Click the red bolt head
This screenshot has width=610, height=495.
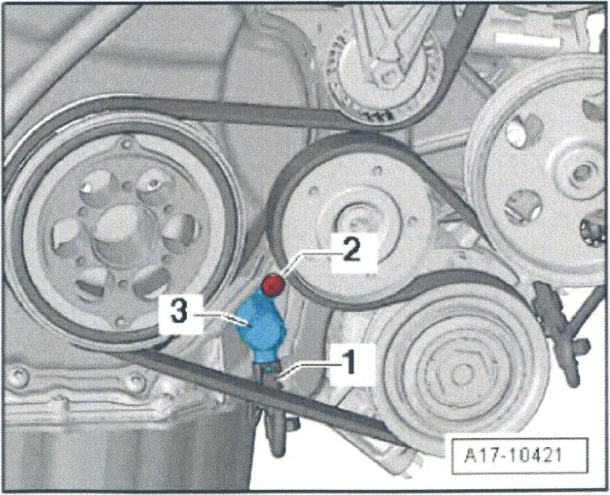click(274, 285)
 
